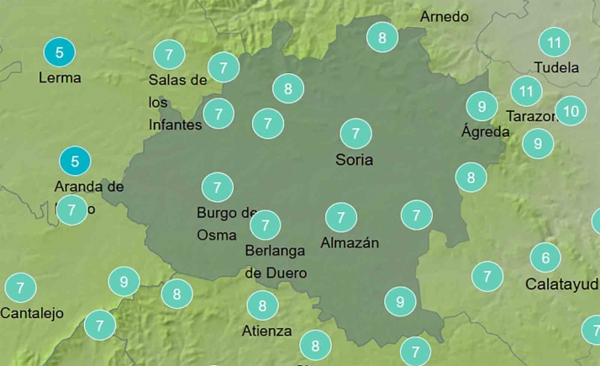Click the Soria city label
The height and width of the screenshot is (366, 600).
point(354,159)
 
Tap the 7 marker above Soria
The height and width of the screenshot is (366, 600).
point(355,133)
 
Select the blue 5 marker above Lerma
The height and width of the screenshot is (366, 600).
point(59,53)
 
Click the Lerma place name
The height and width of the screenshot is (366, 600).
point(60,77)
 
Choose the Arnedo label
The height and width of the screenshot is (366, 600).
point(444,17)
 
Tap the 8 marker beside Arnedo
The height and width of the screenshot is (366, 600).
point(382,37)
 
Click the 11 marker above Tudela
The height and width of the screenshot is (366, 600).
point(554,42)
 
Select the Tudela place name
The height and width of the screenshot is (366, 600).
point(556,67)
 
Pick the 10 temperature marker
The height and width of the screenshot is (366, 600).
point(571,110)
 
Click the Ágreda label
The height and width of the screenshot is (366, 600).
point(485,131)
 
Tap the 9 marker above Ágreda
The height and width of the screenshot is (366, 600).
point(482,106)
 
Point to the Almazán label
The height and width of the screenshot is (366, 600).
point(350,243)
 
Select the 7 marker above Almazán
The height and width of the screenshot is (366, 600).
point(340,217)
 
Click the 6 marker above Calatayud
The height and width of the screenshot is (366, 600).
point(545,257)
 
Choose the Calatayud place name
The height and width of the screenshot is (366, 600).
point(561,284)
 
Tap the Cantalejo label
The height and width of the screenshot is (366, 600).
point(32,313)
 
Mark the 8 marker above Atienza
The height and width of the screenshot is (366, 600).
point(262,305)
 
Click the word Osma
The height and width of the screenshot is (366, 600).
point(217,235)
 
